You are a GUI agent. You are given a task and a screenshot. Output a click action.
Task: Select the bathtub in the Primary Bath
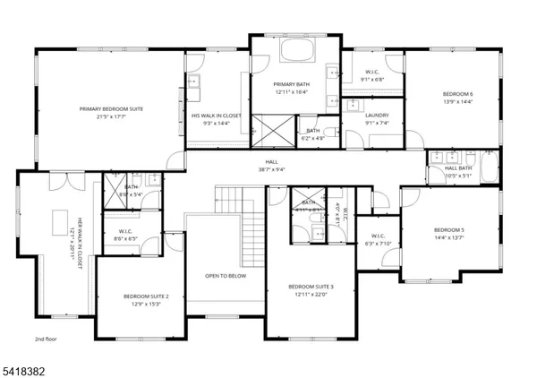pos(295,48)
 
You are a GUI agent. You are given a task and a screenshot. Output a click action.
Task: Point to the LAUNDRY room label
pos(376,115)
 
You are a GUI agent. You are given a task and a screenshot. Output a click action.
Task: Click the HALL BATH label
pos(457,168)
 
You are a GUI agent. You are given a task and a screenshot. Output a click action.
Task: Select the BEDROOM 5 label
pos(448,230)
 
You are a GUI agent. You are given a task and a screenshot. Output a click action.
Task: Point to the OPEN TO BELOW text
pos(225,276)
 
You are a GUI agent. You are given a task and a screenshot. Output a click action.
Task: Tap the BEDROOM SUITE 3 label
pos(311,287)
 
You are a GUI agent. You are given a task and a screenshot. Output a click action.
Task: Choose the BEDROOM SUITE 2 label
pos(141,296)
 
